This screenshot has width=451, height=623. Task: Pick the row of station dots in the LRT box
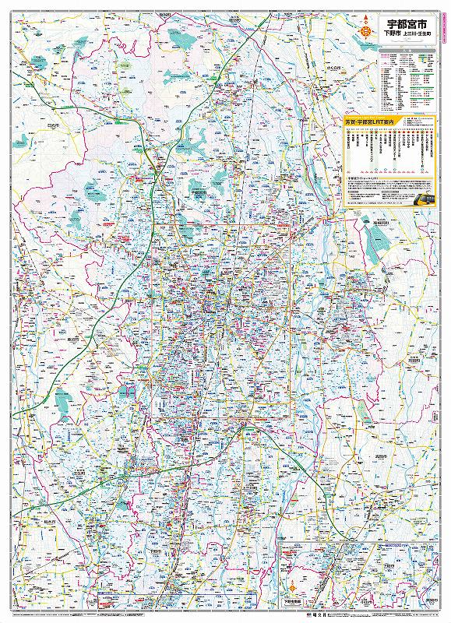pyautogui.click(x=389, y=169)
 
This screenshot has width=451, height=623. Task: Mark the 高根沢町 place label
pyautogui.click(x=379, y=221)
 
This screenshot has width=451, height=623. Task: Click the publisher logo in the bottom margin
pyautogui.click(x=225, y=615)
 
